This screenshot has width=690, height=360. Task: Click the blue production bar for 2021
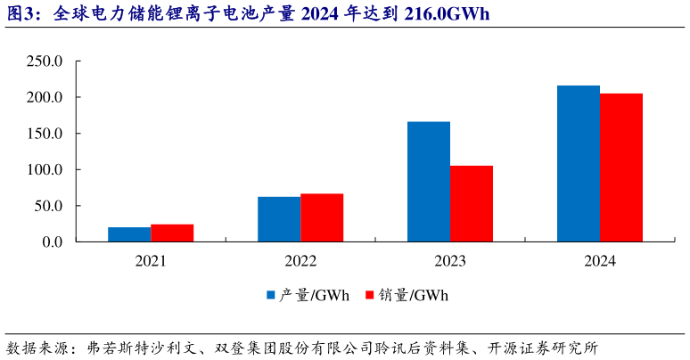[x=129, y=234]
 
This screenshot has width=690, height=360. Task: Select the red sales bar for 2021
[x=172, y=233]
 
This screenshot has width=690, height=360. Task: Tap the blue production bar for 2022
[x=279, y=219]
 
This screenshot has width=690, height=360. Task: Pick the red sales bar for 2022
[x=322, y=217]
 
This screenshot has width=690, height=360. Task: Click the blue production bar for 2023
[x=429, y=182]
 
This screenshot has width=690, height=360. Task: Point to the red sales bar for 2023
[x=472, y=204]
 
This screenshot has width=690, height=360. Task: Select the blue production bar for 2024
[x=579, y=164]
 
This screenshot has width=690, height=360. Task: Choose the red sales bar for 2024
[x=621, y=168]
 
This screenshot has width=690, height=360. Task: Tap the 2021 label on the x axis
[x=151, y=262]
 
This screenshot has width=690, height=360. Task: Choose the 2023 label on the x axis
[x=450, y=262]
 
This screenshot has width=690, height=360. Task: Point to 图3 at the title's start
[x=19, y=14]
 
